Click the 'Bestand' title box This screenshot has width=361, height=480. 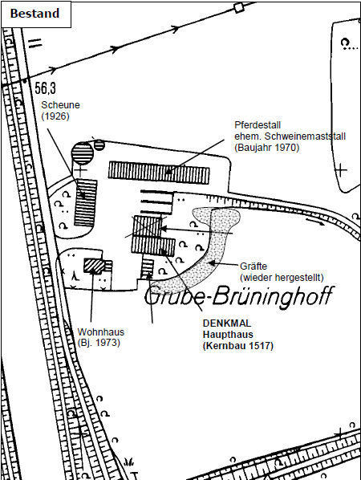coord(36,14)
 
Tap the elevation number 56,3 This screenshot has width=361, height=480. coord(45,88)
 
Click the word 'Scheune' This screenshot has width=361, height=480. coord(61,105)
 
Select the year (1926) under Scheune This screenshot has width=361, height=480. coord(55,116)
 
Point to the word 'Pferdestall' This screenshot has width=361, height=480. coord(258,125)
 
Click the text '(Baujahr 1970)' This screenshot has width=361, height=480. coord(267,148)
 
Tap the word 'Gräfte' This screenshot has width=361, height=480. coord(254,266)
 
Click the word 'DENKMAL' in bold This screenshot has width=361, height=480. coord(227,323)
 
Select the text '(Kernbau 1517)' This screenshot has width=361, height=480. coord(238,346)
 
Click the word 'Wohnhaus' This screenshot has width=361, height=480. coord(101,332)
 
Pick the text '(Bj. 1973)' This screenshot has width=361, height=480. coord(99,343)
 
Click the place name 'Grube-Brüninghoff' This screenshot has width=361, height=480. coord(239,295)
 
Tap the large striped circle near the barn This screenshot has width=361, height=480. coord(82,153)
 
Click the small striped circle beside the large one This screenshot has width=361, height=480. coord(99,145)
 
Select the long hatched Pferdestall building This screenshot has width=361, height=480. coord(159,173)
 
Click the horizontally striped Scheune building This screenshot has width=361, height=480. coord(86,202)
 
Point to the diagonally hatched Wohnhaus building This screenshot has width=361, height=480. coord(94,266)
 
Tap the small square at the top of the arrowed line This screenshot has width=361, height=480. coord(238,8)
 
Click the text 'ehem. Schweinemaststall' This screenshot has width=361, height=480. coord(290,136)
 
